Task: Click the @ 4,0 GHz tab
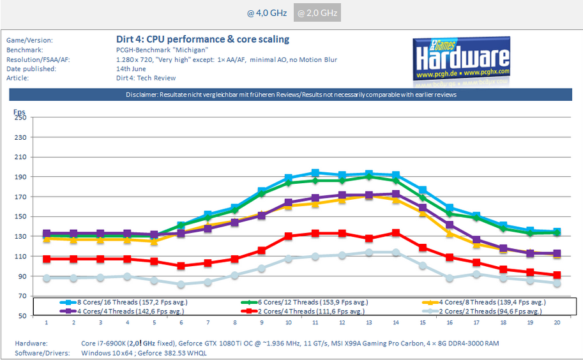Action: point(267,13)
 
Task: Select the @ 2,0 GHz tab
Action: point(317,13)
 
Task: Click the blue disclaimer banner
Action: point(291,95)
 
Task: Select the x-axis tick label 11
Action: point(315,323)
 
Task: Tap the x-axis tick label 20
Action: point(557,323)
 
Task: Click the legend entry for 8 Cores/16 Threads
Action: point(128,302)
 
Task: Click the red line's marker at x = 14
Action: point(396,233)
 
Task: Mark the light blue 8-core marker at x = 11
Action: point(315,173)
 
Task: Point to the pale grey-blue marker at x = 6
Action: point(181,285)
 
